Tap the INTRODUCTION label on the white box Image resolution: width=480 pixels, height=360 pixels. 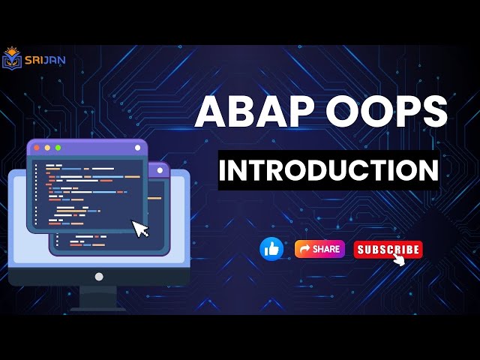pos(328,169)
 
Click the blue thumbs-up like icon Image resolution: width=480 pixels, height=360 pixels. pos(271,249)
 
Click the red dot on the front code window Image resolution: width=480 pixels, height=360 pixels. pos(36,148)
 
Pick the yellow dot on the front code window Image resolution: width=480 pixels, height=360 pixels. pos(46,148)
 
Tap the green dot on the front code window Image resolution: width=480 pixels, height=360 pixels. pos(58,148)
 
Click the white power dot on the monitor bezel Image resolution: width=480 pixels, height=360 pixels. pos(98,277)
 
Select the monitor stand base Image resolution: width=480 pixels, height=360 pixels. pos(98,307)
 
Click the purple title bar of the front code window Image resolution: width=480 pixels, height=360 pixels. pos(90,148)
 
